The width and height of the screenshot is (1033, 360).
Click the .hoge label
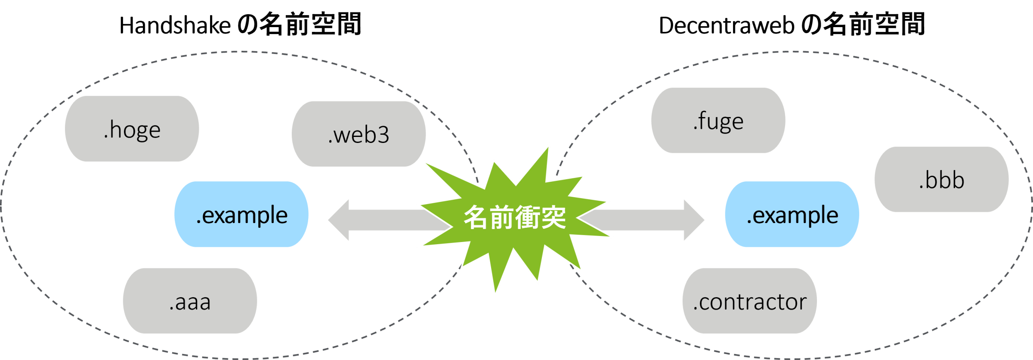coord(132,130)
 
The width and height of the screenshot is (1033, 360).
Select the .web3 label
coord(359,135)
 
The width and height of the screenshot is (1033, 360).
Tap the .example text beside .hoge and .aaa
coord(242,215)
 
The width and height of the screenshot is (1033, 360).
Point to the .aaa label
coord(190,302)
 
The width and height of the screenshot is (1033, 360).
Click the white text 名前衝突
coord(515,217)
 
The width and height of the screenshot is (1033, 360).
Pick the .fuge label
coord(718,122)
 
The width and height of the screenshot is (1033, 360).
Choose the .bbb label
coord(942,180)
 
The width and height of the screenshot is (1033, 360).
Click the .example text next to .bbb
coord(793,215)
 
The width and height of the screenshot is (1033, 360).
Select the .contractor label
coord(750,302)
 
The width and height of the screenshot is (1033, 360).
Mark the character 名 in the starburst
coord(476,217)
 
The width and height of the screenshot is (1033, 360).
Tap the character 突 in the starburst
coord(554,217)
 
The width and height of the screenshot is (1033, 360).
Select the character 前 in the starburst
coord(501,217)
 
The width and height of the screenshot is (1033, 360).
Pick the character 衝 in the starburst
coord(528,217)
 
